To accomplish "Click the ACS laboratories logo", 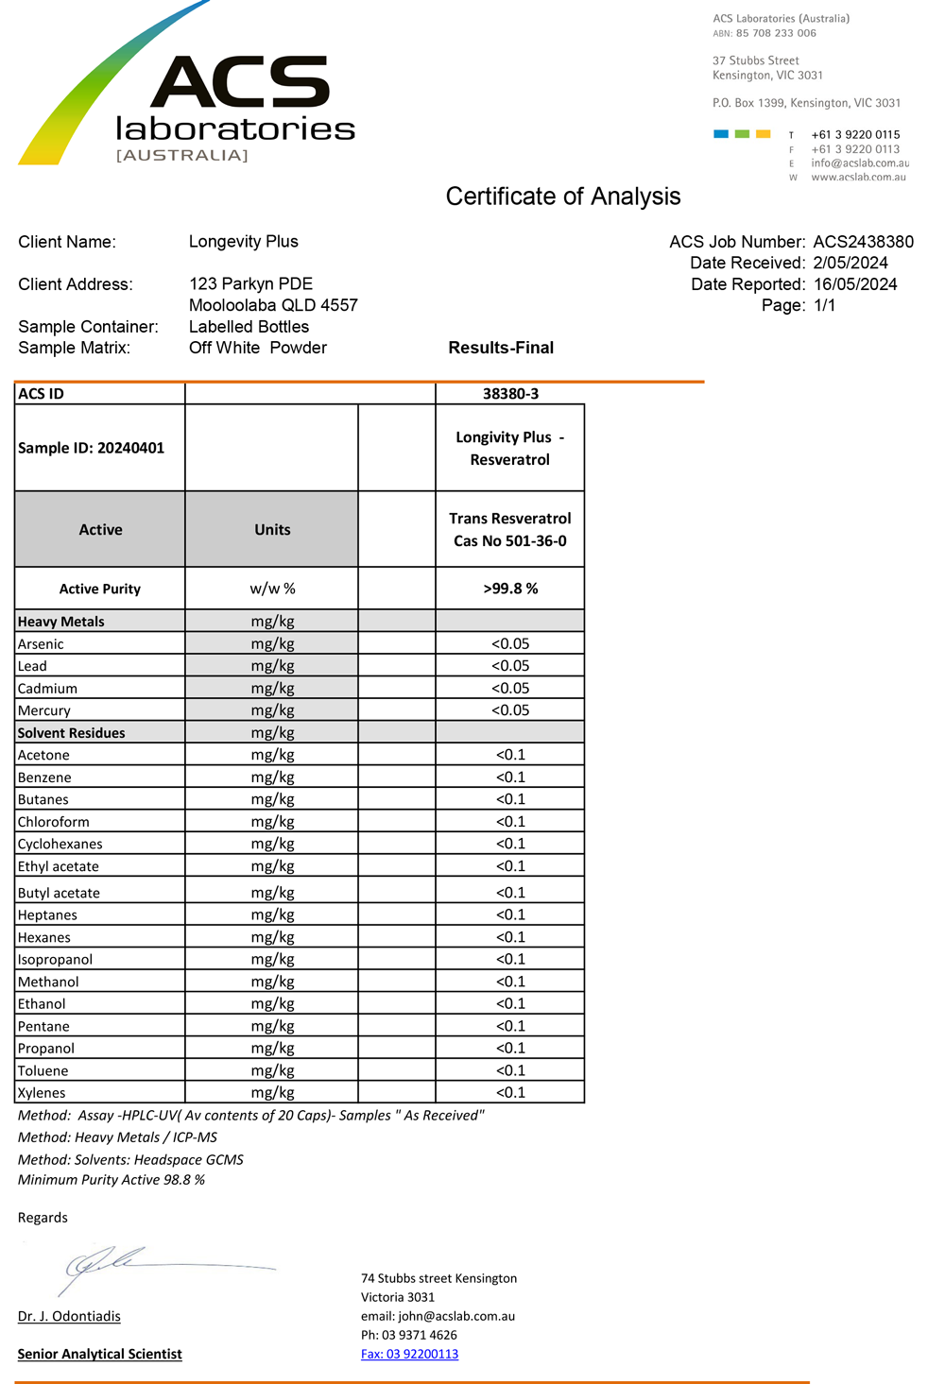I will pos(189,94).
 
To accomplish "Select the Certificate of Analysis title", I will pos(563,196).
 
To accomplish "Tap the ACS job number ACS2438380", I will pos(863,242).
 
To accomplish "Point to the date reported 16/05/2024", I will pos(855,284).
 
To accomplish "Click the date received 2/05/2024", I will pos(850,263).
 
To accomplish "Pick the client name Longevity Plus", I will pos(243,242).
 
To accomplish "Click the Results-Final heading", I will pos(501,348).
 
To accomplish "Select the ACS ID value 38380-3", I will pos(510,394).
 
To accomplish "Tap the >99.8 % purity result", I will pos(510,589).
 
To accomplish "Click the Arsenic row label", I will pos(41,644).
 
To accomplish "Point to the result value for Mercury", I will pos(510,710).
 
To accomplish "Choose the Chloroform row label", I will pos(54,822).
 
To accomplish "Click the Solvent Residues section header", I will pos(71,733).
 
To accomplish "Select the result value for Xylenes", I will pos(510,1093).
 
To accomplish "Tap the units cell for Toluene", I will pos(272,1070).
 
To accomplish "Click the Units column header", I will pos(272,530).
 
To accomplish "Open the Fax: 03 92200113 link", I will pos(409,1354).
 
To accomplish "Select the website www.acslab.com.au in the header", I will pos(858,177).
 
